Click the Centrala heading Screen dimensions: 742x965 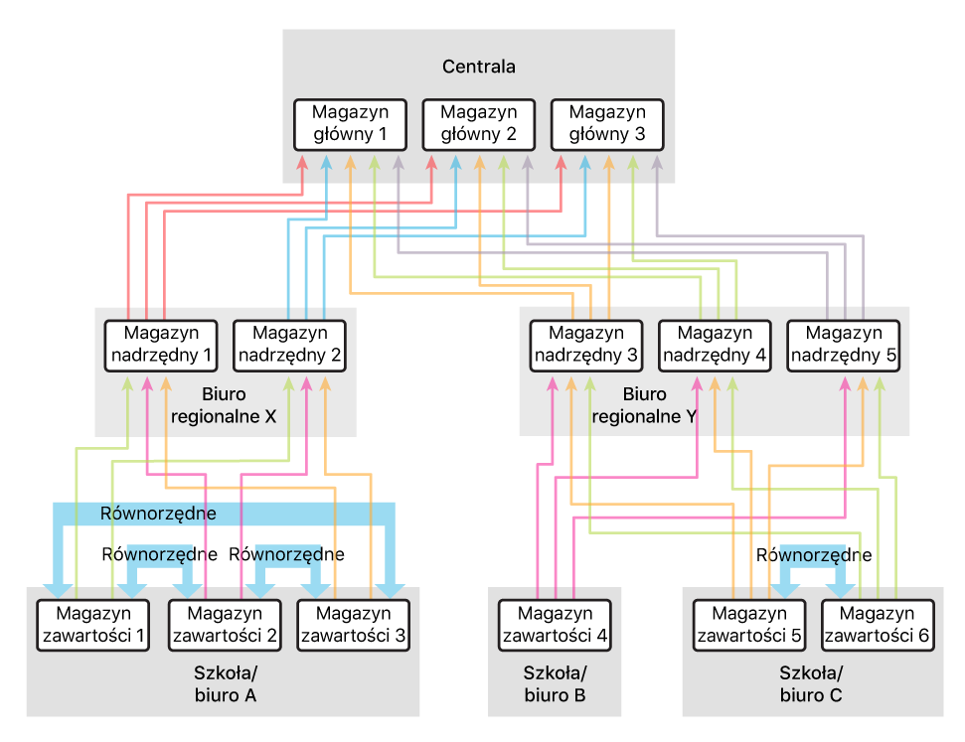(x=478, y=68)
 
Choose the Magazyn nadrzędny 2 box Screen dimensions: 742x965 (x=288, y=344)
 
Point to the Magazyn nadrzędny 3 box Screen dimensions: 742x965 (x=585, y=345)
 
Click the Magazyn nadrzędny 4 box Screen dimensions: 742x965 (x=715, y=345)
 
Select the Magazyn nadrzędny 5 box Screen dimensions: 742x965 (x=843, y=345)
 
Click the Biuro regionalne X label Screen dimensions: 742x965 (x=224, y=405)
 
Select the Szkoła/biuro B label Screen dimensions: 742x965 (x=555, y=684)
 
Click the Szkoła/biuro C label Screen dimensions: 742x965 (x=811, y=684)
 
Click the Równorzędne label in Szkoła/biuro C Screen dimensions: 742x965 (x=814, y=555)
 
